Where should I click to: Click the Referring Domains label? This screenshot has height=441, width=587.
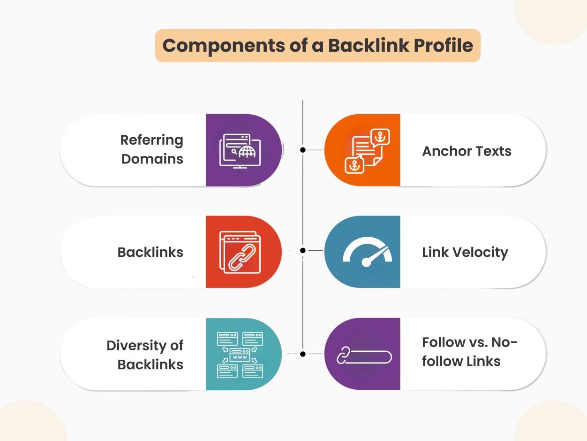[x=152, y=149]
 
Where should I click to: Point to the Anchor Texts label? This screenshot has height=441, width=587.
[x=467, y=151]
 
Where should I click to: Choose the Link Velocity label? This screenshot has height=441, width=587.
[x=465, y=252]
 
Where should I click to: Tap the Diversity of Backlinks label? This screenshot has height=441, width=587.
[x=145, y=355]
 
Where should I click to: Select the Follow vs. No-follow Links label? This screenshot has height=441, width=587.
[x=469, y=351]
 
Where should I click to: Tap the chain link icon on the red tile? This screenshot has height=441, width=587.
[x=239, y=252]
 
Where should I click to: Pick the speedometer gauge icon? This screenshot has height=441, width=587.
[x=367, y=252]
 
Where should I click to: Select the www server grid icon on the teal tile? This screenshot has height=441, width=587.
[x=240, y=355]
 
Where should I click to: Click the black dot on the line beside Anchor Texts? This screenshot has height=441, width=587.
[x=303, y=150]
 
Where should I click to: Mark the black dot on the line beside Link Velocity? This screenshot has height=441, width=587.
[x=303, y=250]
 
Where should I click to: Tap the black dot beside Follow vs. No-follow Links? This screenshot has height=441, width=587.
[x=303, y=354]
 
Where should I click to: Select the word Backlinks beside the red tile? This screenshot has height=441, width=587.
[x=150, y=252]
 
